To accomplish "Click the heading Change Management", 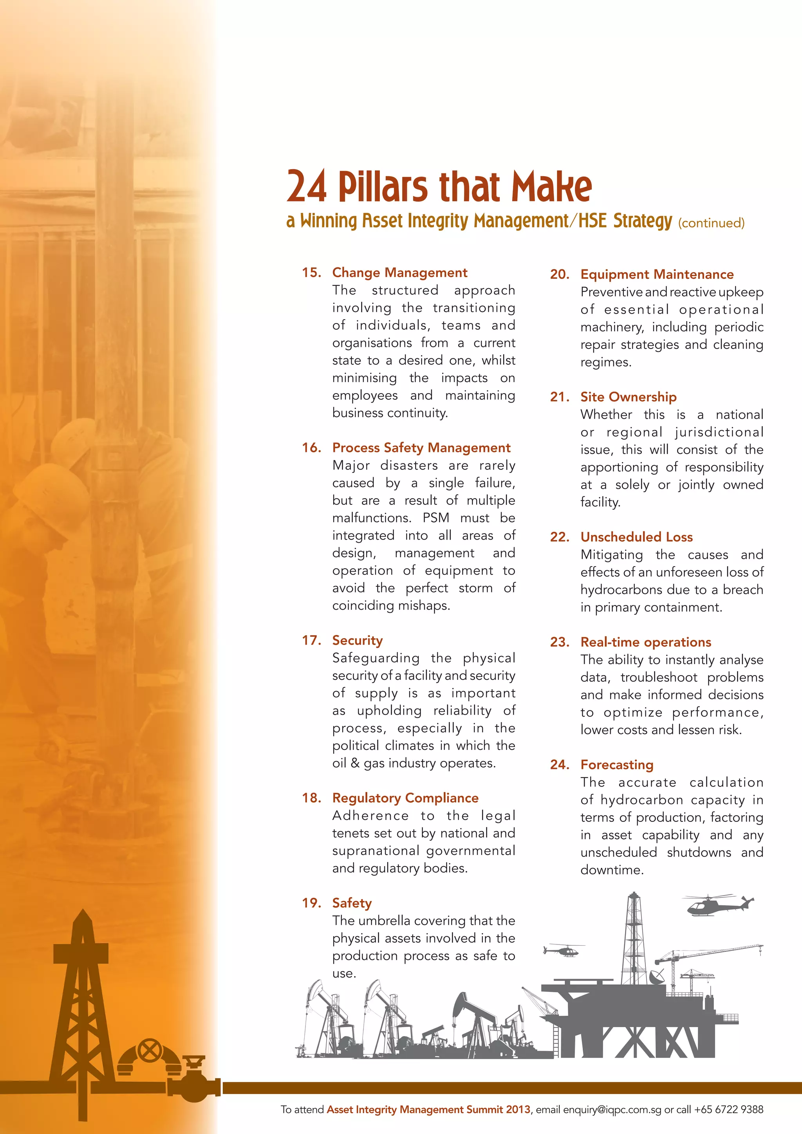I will point(399,273).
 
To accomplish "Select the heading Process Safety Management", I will point(421,448).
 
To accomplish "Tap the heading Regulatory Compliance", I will point(405,798).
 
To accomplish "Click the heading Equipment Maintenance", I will point(657,274).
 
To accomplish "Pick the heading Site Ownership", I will point(628,397).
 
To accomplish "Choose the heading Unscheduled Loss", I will point(637,537).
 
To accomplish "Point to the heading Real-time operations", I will point(645,642).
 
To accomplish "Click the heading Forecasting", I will point(617,765).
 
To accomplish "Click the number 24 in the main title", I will point(307,187).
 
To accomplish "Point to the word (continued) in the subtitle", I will point(711,223).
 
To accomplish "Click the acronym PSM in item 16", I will point(435,518).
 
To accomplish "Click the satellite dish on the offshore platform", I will point(658,977).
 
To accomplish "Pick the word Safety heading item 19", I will point(352,903).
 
